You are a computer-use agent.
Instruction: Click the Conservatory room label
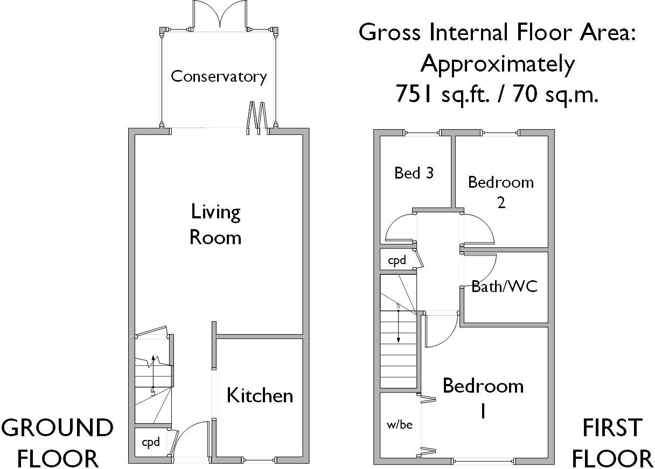tap(219, 76)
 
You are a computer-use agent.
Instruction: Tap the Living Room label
tap(215, 225)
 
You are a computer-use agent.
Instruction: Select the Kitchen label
tap(260, 395)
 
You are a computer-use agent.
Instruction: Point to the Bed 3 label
tap(414, 173)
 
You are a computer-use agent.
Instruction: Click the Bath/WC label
tap(504, 287)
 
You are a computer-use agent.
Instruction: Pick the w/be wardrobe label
tap(400, 424)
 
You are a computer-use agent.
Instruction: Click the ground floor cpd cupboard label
tap(151, 443)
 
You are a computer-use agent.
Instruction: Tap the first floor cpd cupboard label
tap(397, 260)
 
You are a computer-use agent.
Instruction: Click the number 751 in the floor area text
tap(414, 94)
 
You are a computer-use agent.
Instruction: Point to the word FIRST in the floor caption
tap(612, 429)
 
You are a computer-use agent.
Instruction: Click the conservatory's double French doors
tap(219, 15)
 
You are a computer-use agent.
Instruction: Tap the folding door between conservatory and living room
tap(257, 118)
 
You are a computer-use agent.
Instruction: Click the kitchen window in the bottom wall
tap(260, 460)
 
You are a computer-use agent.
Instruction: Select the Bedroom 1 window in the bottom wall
tap(484, 461)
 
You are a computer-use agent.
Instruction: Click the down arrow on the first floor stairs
tap(398, 326)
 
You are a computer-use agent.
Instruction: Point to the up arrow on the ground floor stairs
tap(153, 371)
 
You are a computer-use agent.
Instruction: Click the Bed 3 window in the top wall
tap(422, 133)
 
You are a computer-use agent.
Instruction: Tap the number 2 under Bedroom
tap(501, 203)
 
